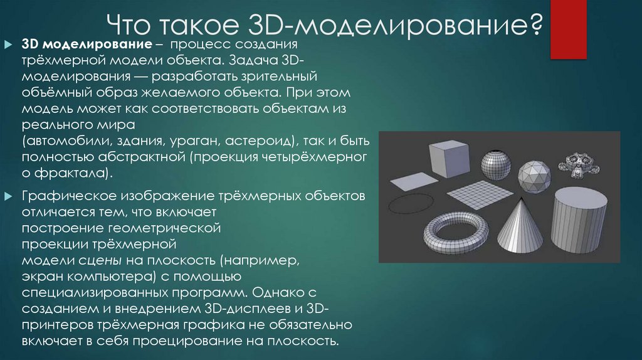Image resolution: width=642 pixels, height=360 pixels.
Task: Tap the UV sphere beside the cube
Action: coord(496,165)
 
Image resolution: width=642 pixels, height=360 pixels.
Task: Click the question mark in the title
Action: coord(535,26)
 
